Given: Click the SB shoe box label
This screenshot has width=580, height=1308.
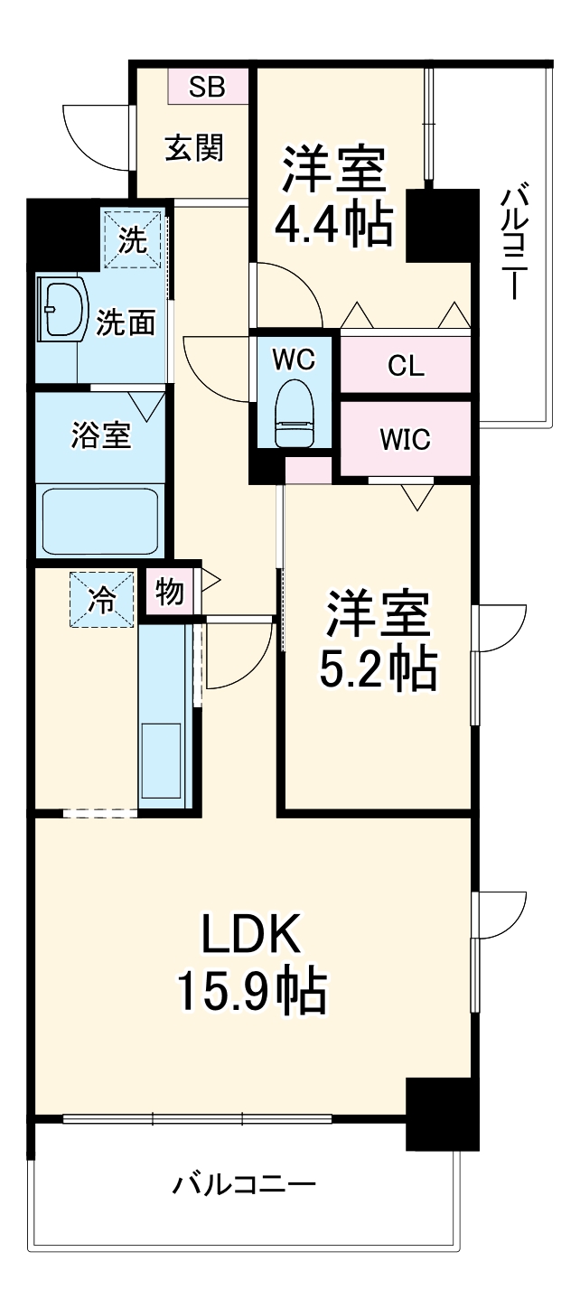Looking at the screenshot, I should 207,87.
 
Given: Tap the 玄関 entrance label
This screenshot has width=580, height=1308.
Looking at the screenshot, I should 193,146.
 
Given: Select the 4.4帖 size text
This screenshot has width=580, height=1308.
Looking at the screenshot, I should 333,223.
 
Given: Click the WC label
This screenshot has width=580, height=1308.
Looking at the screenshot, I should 294,359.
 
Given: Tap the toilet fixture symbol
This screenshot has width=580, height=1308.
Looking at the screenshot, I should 294,411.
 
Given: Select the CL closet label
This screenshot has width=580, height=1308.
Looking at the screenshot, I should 405,366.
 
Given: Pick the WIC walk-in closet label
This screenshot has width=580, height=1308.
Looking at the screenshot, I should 405,440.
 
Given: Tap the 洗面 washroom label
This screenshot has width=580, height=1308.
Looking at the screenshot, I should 126,322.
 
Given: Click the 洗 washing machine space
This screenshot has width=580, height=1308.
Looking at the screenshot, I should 133,239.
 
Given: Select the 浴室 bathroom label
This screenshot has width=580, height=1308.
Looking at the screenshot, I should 101,435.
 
